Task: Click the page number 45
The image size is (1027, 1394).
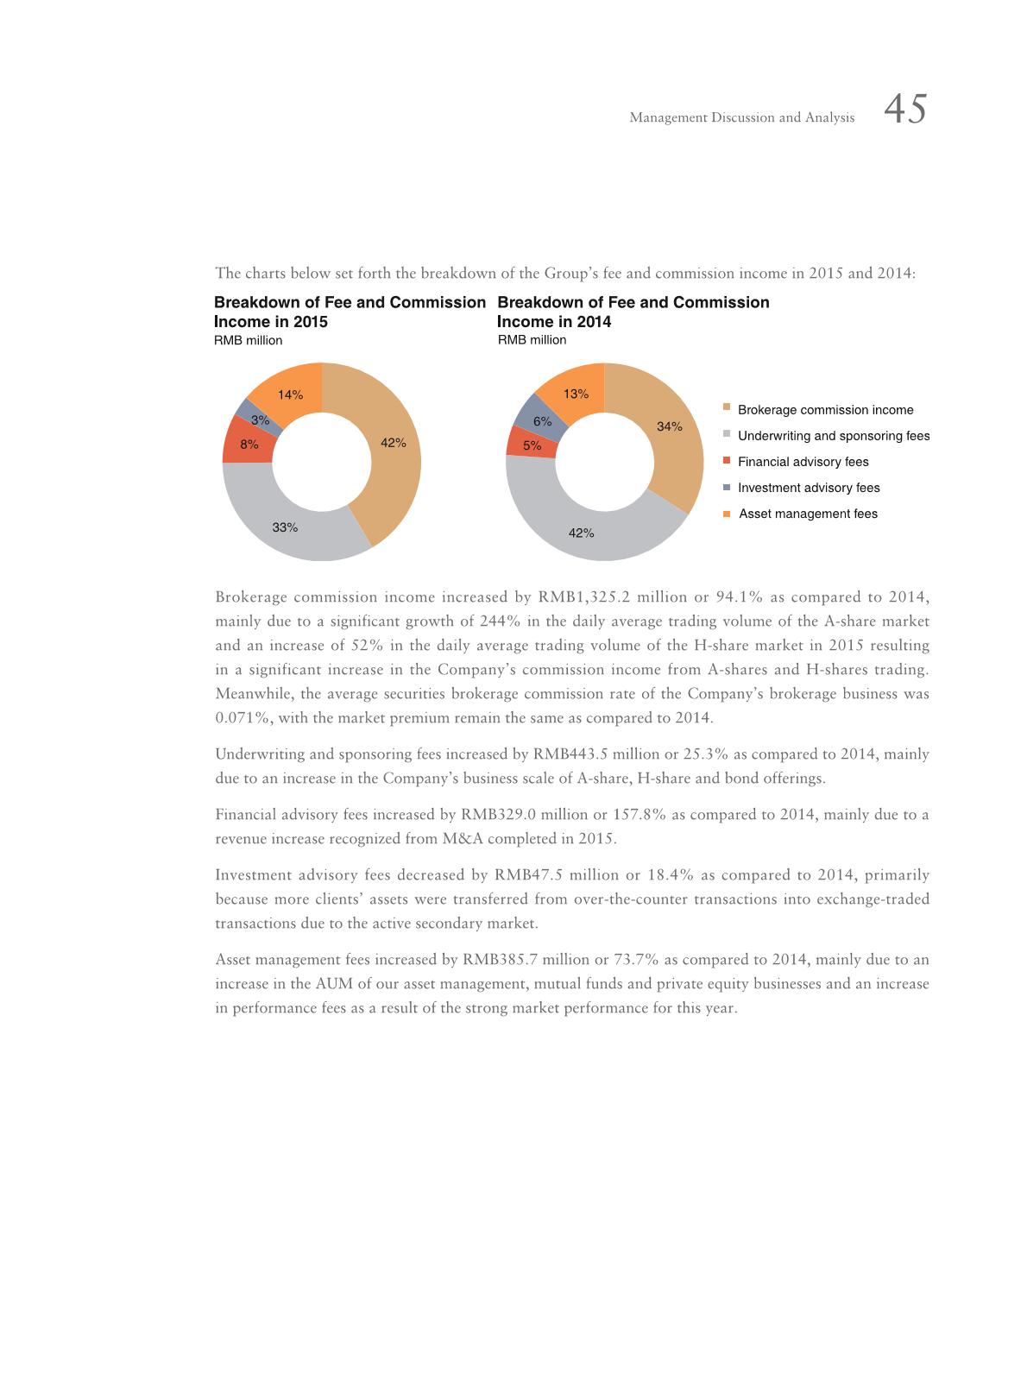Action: point(905,110)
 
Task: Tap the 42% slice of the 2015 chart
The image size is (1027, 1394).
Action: point(394,443)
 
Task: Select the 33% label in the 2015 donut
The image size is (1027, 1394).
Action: point(285,527)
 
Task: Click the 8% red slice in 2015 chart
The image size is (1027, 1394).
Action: point(249,445)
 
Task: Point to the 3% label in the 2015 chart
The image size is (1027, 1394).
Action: point(260,420)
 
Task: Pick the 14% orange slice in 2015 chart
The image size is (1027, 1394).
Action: point(290,395)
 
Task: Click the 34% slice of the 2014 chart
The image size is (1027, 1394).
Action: point(670,426)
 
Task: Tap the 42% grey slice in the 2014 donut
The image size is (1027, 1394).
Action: point(581,533)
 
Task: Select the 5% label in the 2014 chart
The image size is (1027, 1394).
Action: point(532,445)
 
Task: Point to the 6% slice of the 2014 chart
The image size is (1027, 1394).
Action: point(542,421)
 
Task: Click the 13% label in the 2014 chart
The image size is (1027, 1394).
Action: point(576,394)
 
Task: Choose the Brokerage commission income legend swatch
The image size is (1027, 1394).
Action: point(727,408)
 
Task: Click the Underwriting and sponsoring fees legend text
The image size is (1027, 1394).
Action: point(834,436)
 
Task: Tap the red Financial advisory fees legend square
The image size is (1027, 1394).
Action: point(727,460)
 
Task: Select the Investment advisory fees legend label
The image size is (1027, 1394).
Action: point(809,488)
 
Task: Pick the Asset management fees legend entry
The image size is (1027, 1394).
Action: point(808,514)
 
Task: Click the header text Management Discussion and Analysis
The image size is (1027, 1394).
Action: point(741,117)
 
